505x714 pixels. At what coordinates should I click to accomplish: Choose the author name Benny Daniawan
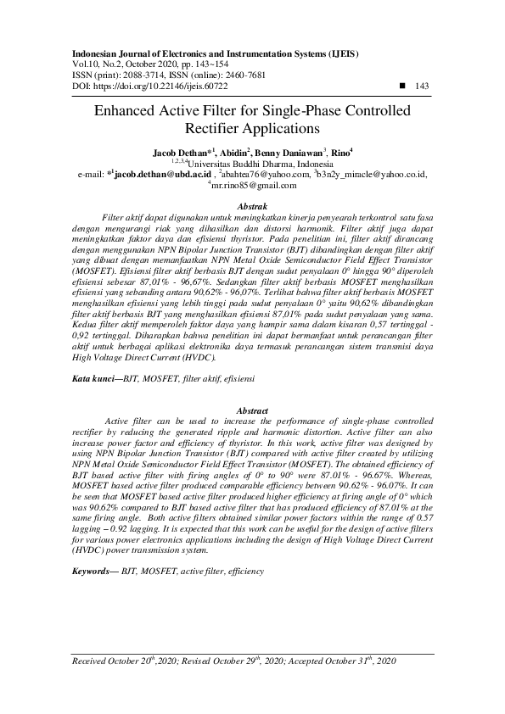(295, 153)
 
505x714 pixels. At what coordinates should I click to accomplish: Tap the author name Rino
(340, 153)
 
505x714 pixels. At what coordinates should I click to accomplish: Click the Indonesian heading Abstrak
(252, 207)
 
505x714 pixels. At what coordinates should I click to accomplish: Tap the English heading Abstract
(252, 410)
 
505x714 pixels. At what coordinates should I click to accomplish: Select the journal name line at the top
(205, 53)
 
